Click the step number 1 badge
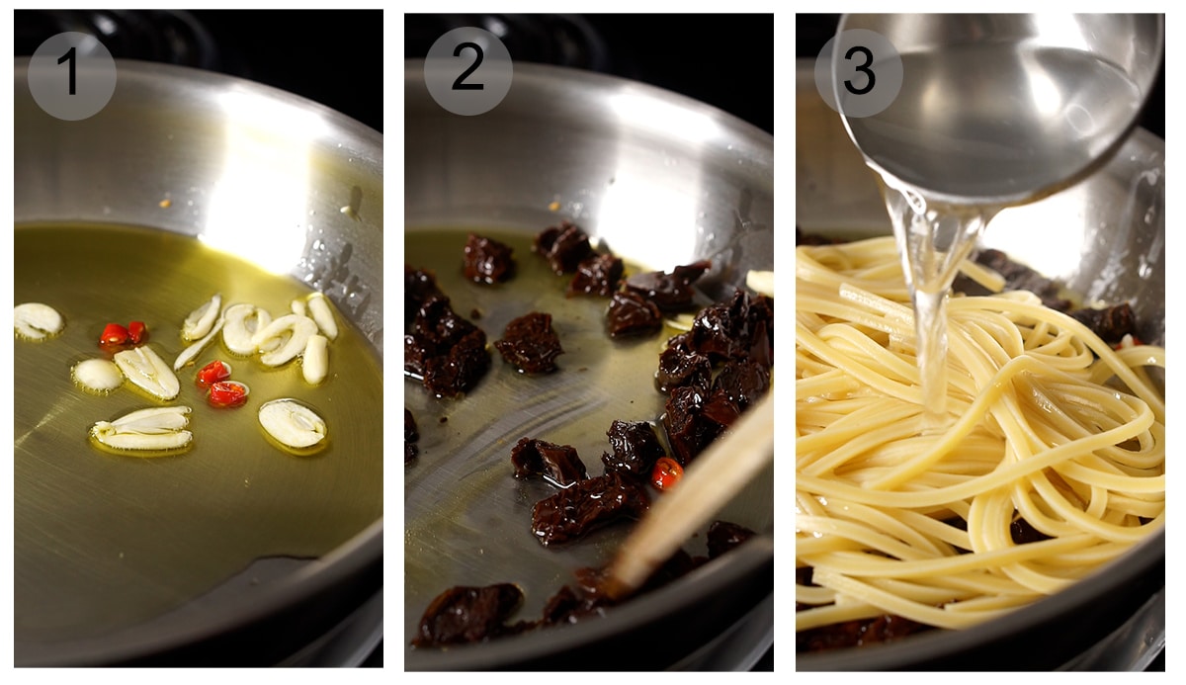(x=71, y=75)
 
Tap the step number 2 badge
(x=467, y=71)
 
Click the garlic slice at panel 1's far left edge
(x=38, y=320)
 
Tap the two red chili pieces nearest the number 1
(x=122, y=334)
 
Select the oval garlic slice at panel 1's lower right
(x=293, y=423)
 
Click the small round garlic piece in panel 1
(x=98, y=374)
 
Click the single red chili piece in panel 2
(x=666, y=472)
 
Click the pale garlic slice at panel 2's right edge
(x=760, y=283)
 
